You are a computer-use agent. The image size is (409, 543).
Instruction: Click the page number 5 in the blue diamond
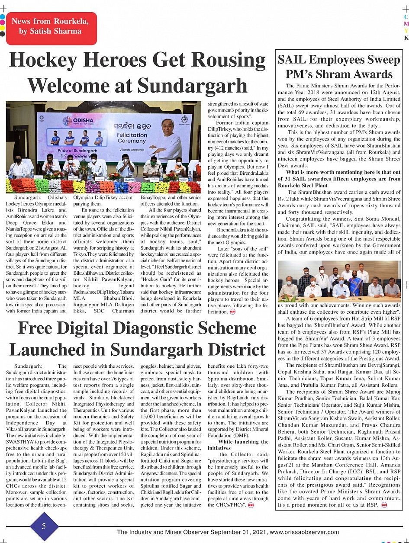44,526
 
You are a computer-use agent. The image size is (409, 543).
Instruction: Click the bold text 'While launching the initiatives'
238,445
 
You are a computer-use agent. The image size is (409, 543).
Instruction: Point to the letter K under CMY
406,38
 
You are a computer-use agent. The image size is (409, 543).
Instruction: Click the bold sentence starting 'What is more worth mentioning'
339,178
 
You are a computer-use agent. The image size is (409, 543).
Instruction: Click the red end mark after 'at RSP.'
384,505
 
